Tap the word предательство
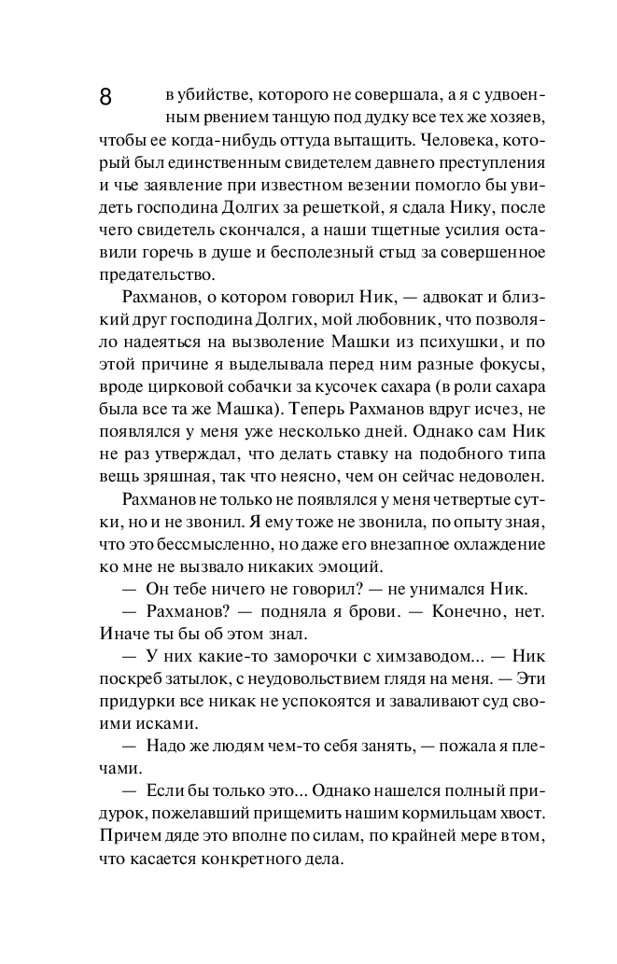[x=156, y=274]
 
